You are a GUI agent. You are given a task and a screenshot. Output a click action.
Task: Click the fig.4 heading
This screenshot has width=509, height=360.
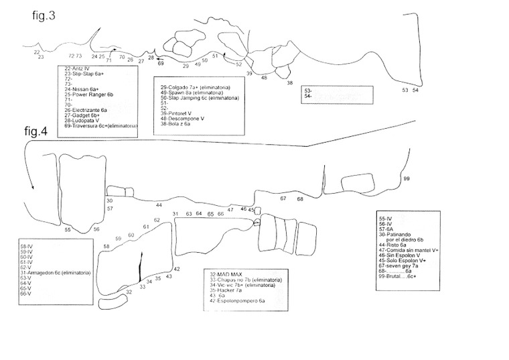pos(37,131)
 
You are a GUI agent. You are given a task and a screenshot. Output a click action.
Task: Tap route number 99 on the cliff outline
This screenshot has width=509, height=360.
pos(406,178)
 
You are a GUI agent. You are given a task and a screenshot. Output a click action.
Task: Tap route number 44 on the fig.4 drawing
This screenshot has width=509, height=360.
pos(159,205)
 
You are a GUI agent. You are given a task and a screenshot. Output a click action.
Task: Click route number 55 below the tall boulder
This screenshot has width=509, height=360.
pos(68,230)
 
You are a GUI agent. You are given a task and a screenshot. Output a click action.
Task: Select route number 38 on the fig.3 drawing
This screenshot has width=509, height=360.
pos(290,83)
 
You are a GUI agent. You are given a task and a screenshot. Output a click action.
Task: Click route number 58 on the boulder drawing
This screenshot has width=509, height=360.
pos(106,247)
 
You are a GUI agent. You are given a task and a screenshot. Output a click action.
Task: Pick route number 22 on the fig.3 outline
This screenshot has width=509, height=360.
pos(36,52)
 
